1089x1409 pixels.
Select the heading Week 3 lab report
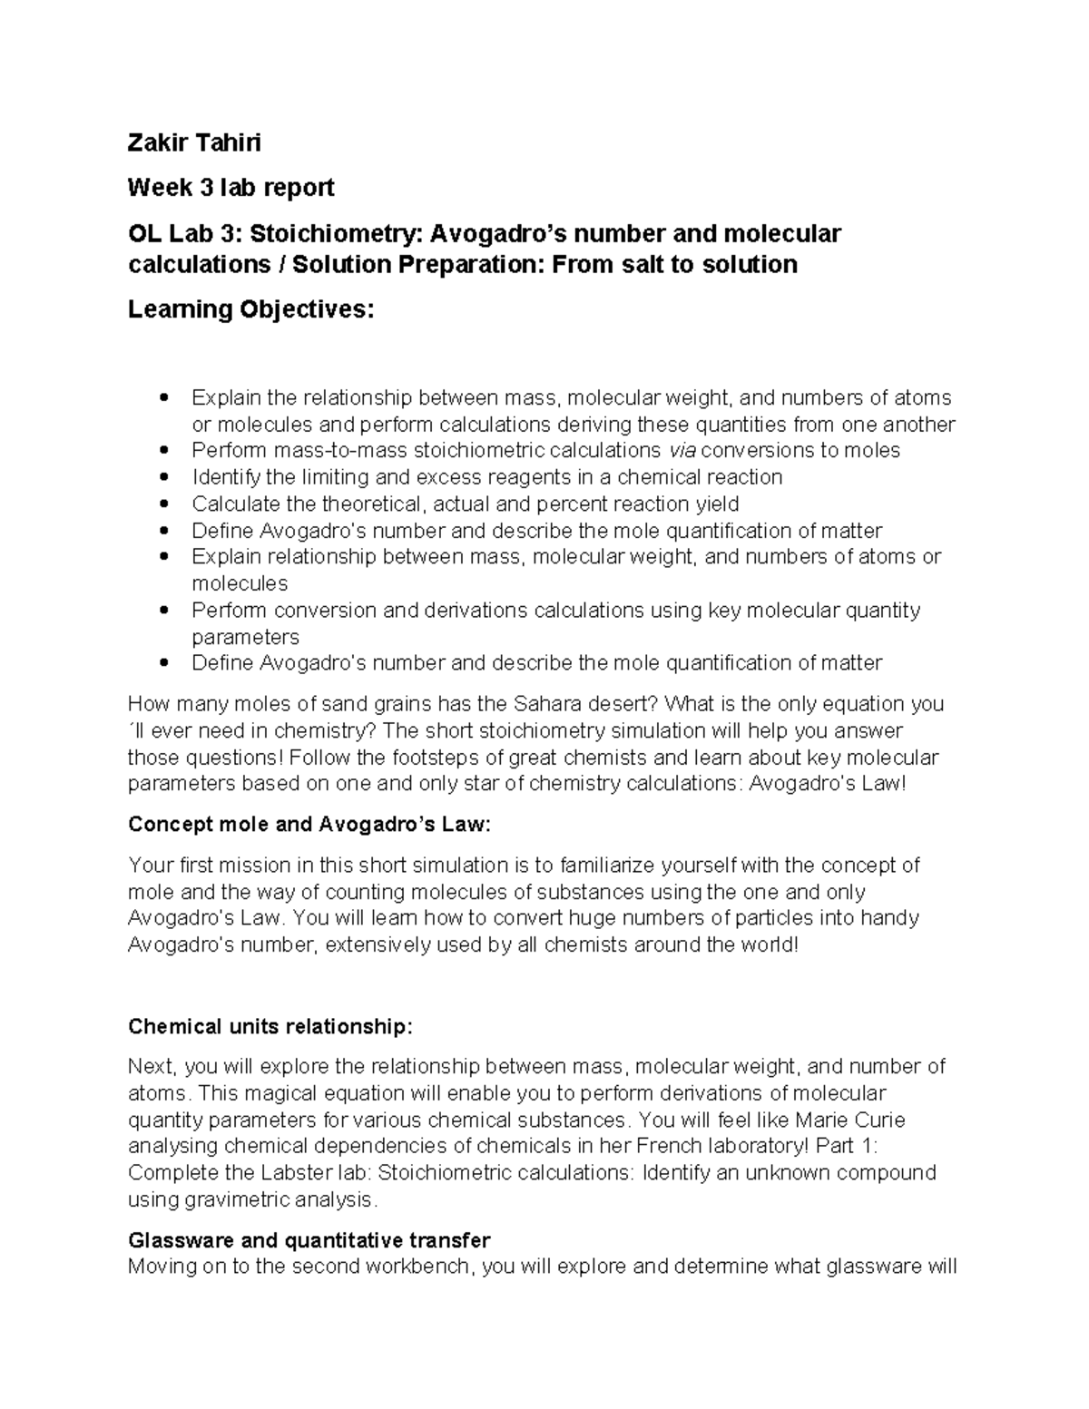pos(231,188)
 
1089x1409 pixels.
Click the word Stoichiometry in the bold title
pos(335,234)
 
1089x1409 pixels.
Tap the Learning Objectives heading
pos(250,310)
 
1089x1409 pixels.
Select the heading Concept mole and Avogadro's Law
pos(309,825)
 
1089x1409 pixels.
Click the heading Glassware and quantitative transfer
pos(309,1240)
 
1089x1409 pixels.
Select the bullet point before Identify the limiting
pos(163,477)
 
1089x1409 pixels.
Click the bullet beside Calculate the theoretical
pos(163,504)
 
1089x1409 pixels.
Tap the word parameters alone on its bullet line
pos(245,637)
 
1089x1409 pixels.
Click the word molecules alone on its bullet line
pos(240,583)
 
